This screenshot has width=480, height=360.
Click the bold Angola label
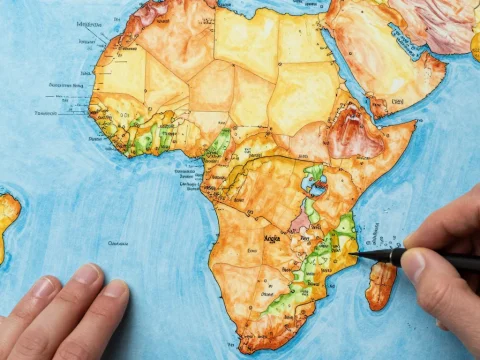(271, 238)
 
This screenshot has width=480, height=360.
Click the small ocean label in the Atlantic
(119, 242)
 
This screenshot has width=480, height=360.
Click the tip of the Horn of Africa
(413, 125)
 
